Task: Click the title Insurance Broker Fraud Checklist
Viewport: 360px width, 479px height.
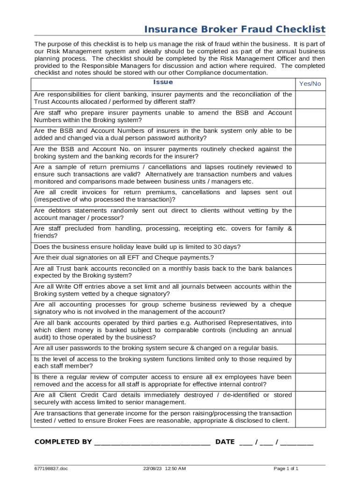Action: (235, 29)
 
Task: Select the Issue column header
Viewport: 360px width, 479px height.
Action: (163, 82)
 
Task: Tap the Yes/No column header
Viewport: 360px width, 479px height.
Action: (310, 84)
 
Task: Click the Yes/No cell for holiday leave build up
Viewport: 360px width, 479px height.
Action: (310, 247)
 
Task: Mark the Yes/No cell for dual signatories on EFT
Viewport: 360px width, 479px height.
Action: (310, 258)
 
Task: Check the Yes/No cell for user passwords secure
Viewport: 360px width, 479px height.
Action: (310, 348)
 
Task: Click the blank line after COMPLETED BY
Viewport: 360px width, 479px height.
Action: (152, 442)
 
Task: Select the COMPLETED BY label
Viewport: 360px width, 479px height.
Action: (63, 442)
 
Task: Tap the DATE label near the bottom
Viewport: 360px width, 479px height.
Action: (225, 442)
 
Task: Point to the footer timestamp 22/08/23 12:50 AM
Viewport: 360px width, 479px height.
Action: (165, 469)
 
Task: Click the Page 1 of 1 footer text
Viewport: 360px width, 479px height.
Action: (286, 469)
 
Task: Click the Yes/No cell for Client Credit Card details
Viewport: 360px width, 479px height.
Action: (310, 399)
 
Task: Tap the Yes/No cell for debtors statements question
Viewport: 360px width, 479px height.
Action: (310, 215)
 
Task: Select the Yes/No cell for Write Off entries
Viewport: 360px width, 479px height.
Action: (310, 290)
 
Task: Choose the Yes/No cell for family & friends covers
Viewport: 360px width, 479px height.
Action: (310, 233)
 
